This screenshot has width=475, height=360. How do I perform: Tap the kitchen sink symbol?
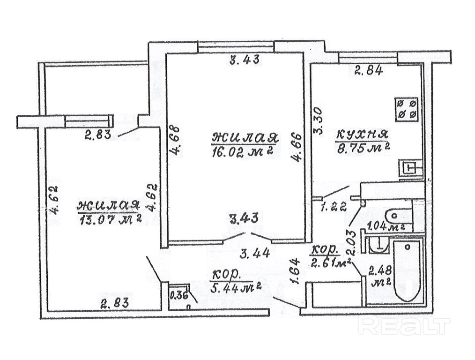(410, 167)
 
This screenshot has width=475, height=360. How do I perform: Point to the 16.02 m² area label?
(243, 152)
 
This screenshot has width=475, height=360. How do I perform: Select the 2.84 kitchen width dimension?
(369, 72)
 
